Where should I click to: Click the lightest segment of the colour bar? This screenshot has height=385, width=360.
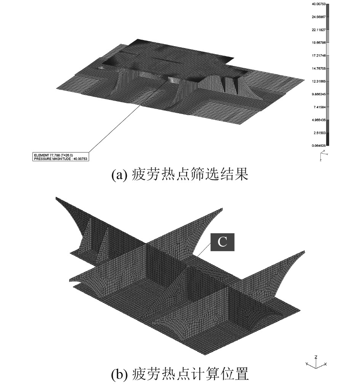[328, 49]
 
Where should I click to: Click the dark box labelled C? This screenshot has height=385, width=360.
[222, 243]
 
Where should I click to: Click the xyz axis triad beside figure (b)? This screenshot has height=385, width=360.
[317, 363]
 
